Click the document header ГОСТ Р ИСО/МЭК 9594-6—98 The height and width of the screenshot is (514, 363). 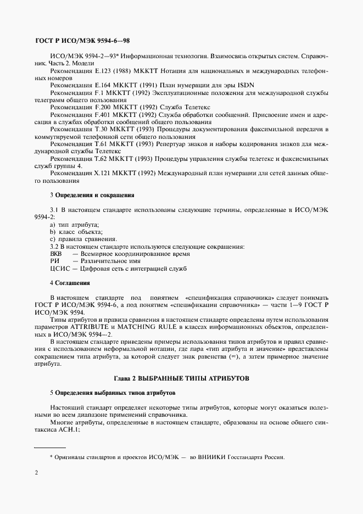[x=82, y=41]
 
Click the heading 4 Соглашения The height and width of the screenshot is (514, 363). [x=70, y=283]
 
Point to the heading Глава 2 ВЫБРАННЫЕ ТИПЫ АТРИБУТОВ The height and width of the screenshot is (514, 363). [x=181, y=378]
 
